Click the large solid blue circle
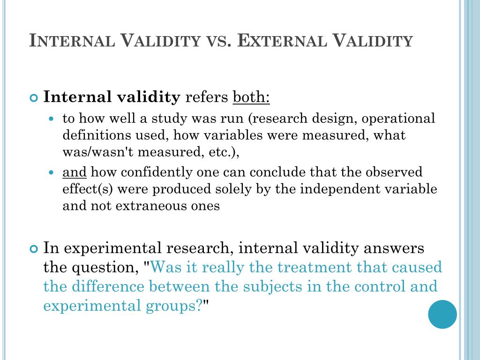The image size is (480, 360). pos(442,314)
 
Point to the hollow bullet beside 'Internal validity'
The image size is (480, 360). pos(33,98)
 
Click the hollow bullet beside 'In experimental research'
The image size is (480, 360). pos(33,249)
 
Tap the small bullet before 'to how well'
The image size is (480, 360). pos(52,119)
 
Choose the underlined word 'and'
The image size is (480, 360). pos(75,172)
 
